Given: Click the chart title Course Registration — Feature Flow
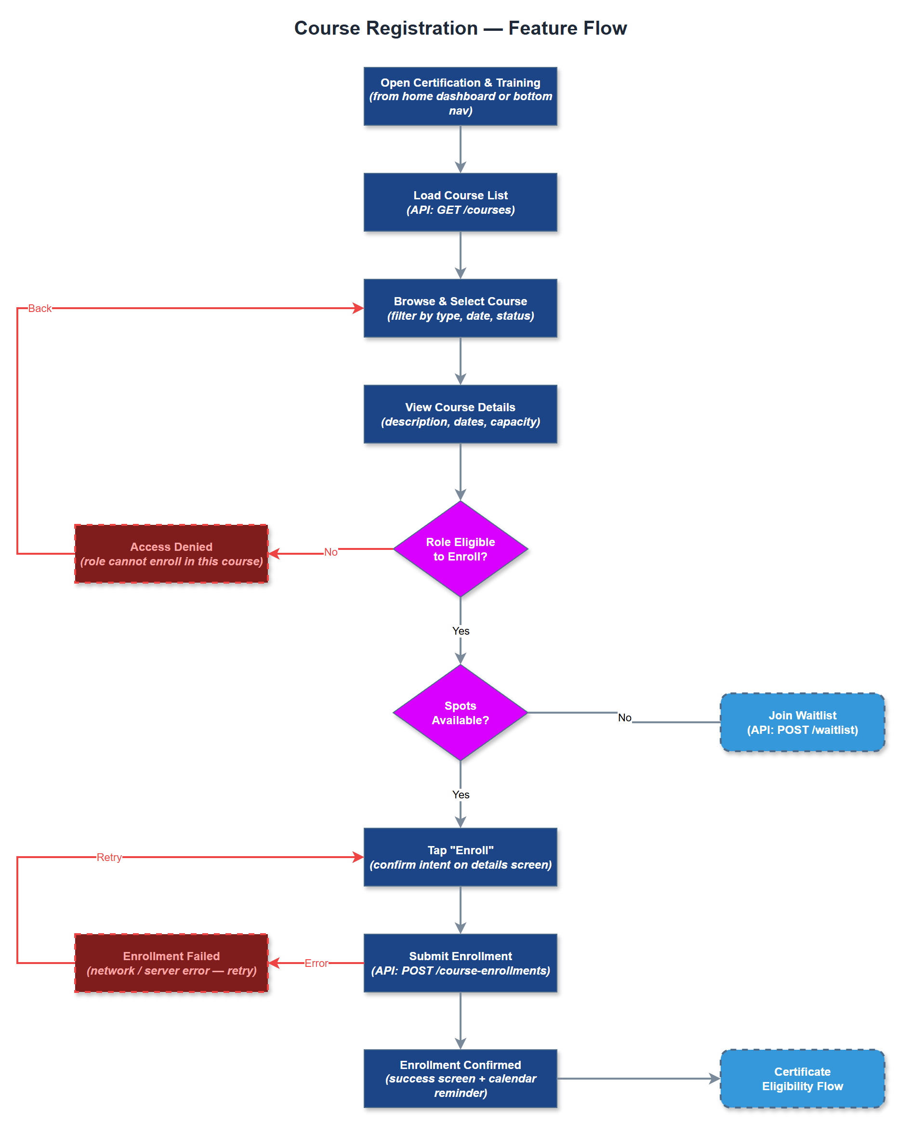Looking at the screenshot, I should pos(460,28).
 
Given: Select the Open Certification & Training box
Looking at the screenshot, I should pos(460,96).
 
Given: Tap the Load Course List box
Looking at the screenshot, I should pos(460,202).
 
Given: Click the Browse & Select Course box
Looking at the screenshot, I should pos(460,308).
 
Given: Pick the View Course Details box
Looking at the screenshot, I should pos(460,414).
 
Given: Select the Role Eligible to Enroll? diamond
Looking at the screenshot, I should pos(460,548).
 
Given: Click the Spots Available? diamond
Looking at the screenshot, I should pos(460,712).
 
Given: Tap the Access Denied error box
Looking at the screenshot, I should pos(171,554).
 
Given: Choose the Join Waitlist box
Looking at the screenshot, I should pos(802,722).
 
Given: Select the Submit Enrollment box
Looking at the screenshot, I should pos(460,963).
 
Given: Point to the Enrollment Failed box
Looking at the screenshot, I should pos(171,963).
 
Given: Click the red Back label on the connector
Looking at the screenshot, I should pos(40,308).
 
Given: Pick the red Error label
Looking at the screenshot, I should pos(316,963).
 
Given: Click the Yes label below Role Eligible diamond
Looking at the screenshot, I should pos(461,631).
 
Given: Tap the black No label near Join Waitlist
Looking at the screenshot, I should pos(624,717).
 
